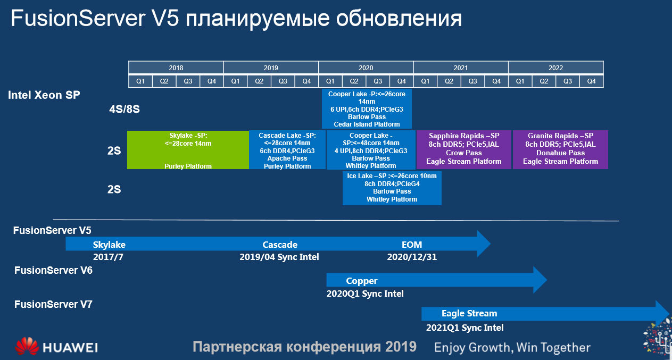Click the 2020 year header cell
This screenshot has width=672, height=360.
[366, 68]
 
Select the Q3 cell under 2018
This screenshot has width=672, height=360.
[188, 81]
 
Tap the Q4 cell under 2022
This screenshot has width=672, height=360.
[591, 81]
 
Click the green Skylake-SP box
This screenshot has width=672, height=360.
[188, 150]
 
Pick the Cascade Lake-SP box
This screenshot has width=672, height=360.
[287, 150]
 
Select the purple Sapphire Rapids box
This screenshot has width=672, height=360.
[464, 149]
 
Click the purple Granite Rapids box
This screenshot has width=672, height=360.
[560, 149]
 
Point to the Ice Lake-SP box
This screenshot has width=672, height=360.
[392, 188]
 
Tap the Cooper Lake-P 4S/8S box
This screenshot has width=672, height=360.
[367, 108]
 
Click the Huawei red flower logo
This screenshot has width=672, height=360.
[27, 346]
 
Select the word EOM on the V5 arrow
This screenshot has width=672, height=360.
[412, 245]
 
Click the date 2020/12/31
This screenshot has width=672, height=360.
[412, 257]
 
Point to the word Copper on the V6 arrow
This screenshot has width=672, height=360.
[361, 281]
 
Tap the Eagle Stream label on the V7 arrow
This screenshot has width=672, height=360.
[469, 313]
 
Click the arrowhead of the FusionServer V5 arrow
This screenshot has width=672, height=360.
[484, 244]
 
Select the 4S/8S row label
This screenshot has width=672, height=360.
[124, 109]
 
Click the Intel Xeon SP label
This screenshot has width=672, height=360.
[44, 95]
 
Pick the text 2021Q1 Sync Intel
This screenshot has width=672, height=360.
[464, 328]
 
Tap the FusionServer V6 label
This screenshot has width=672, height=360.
[53, 270]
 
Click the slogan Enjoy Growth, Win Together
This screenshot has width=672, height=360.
[512, 348]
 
